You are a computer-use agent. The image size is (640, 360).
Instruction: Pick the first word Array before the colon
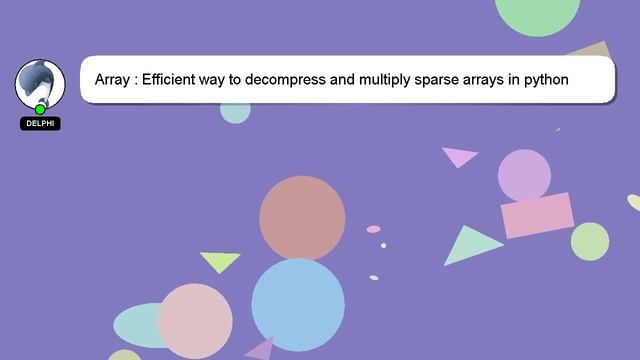114,79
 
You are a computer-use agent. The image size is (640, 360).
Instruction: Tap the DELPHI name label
40,124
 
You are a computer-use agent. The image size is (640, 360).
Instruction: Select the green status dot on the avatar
40,109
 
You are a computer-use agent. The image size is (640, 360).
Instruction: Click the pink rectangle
537,215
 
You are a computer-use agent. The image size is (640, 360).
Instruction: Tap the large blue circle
297,304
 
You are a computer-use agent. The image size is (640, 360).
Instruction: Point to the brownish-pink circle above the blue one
302,218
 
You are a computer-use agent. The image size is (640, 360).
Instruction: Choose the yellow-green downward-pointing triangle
220,261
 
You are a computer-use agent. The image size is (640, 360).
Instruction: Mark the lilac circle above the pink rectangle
524,174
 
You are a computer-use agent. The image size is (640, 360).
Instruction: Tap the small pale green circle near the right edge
590,241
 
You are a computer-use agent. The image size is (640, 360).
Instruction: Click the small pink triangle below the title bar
459,156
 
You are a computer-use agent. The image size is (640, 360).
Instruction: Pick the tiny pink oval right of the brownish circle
373,229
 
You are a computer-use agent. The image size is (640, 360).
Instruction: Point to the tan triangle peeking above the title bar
591,49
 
